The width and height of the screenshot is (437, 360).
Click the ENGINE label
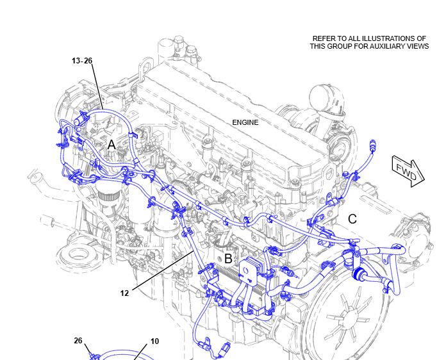245,122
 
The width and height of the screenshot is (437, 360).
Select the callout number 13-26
82,61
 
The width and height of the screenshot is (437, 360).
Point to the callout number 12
125,293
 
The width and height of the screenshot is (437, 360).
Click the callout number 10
155,341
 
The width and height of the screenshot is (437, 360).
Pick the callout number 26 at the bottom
78,341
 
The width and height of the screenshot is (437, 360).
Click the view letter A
111,145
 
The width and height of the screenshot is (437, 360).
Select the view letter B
228,259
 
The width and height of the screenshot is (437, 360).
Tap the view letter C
352,220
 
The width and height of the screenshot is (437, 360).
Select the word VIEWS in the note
416,47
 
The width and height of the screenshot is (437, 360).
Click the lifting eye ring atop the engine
147,66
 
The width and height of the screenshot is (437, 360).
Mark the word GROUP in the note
343,47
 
